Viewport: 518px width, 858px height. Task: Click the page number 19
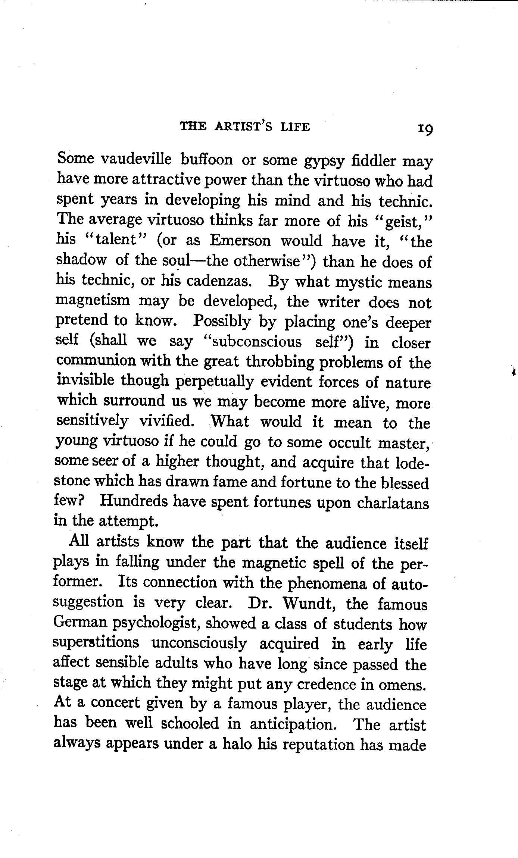425,129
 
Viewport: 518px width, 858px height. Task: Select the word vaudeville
136,159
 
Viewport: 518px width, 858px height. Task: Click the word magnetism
93,300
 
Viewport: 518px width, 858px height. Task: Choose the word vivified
166,421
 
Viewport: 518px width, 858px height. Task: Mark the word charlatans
393,503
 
